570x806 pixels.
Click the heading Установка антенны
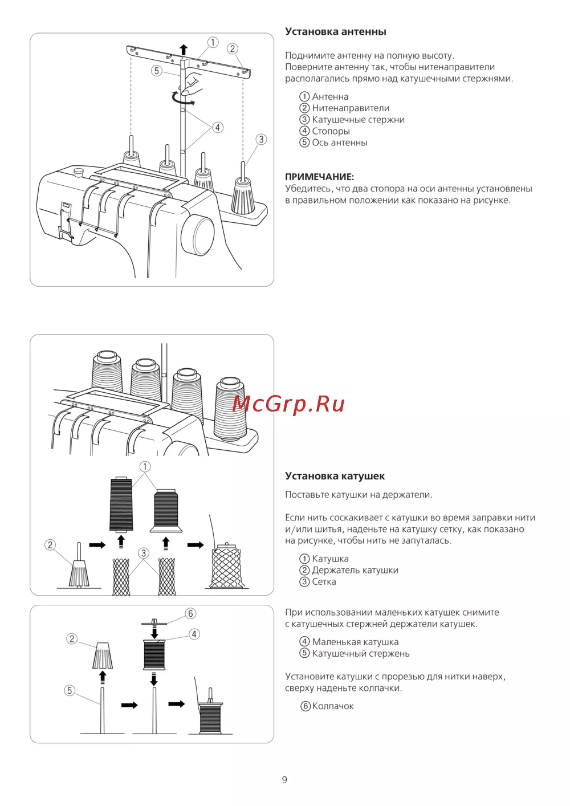335,32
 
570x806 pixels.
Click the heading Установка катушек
335,476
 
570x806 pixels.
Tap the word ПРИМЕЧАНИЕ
319,177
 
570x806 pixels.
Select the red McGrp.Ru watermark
288,404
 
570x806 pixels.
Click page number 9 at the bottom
284,780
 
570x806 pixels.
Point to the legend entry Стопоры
331,131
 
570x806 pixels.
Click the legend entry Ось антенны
339,143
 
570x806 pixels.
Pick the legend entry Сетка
324,581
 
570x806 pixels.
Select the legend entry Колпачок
333,706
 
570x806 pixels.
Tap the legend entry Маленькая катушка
355,642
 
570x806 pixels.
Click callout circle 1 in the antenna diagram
213,42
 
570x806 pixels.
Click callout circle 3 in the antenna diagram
261,139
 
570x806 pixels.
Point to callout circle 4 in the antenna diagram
218,128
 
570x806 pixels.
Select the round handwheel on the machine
198,235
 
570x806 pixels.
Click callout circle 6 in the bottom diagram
190,613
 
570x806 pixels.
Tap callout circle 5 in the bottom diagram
70,690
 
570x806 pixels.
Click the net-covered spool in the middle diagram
227,567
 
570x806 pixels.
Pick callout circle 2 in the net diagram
50,545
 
